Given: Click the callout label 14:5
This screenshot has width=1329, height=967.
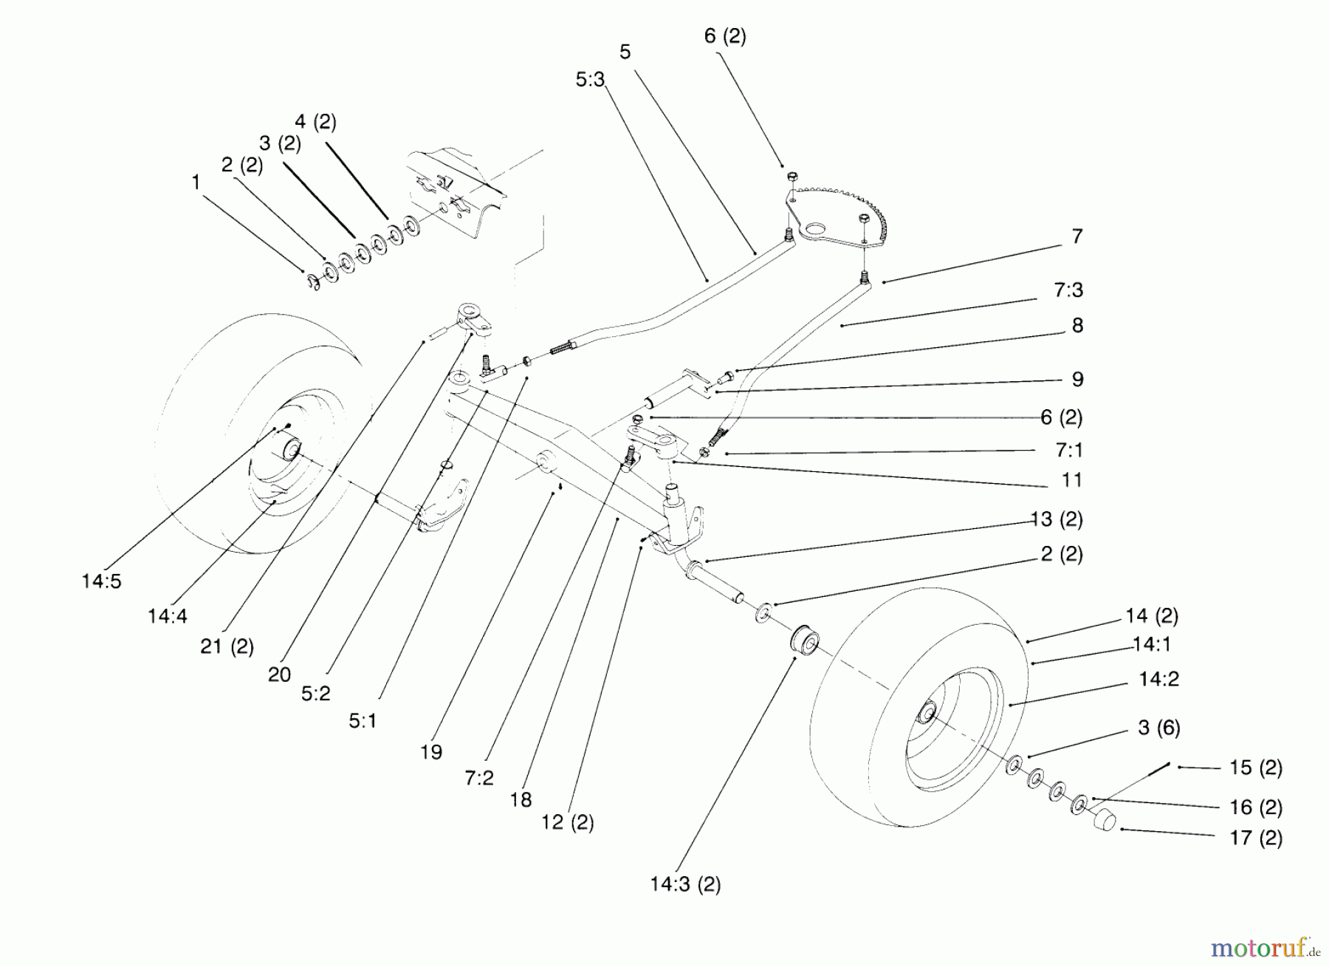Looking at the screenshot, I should click(101, 581).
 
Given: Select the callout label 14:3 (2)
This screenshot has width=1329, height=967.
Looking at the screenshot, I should click(685, 884).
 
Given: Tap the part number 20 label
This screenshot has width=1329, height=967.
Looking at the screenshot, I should click(279, 674).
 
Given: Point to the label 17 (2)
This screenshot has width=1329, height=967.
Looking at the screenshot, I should click(1255, 838).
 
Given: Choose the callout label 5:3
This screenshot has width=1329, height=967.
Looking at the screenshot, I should click(590, 80).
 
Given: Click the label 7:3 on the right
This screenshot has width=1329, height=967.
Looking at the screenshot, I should click(1068, 290).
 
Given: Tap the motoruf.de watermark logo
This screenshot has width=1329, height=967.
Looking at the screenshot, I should click(1265, 946).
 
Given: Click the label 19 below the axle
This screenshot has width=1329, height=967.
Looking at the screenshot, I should click(431, 752).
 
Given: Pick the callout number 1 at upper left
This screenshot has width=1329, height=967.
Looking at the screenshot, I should click(196, 182).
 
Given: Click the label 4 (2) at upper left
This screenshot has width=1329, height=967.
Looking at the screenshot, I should click(315, 121).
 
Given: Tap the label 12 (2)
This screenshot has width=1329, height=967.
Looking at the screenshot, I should click(567, 821).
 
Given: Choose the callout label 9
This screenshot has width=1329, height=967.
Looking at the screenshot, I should click(1077, 379).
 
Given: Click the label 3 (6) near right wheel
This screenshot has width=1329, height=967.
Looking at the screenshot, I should click(1158, 728).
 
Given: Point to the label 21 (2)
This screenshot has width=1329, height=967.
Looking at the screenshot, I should click(227, 646).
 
